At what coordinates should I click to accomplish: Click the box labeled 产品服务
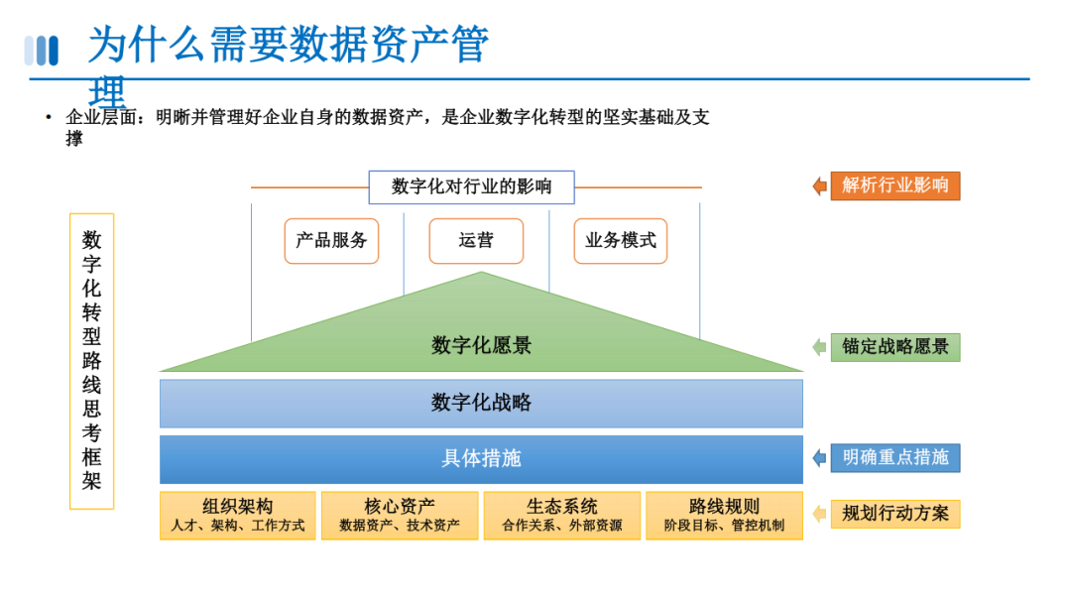pyautogui.click(x=331, y=241)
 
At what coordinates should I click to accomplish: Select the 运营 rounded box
pyautogui.click(x=476, y=241)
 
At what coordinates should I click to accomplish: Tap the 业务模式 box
pyautogui.click(x=621, y=241)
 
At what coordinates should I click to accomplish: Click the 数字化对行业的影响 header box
pyautogui.click(x=471, y=186)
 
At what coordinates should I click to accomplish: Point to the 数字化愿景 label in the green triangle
pyautogui.click(x=481, y=345)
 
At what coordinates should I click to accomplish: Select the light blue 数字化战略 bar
pyautogui.click(x=481, y=403)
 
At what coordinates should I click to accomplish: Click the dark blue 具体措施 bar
pyautogui.click(x=481, y=459)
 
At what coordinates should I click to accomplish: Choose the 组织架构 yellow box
pyautogui.click(x=238, y=516)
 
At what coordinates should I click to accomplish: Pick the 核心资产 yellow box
pyautogui.click(x=400, y=516)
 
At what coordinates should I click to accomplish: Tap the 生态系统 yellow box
pyautogui.click(x=562, y=516)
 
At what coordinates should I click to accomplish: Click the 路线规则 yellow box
pyautogui.click(x=724, y=516)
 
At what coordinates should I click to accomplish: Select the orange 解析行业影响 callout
pyautogui.click(x=894, y=185)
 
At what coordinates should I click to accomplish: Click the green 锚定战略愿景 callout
pyautogui.click(x=894, y=347)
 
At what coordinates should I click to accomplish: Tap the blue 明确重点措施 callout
pyautogui.click(x=894, y=457)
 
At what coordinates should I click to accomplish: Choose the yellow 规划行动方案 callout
pyautogui.click(x=894, y=514)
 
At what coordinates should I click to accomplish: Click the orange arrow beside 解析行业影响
pyautogui.click(x=819, y=185)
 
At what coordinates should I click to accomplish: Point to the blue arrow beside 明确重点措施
pyautogui.click(x=819, y=457)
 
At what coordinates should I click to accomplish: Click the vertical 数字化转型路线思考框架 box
pyautogui.click(x=92, y=361)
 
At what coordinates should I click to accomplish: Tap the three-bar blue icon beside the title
pyautogui.click(x=42, y=51)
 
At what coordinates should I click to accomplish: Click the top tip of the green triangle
pyautogui.click(x=481, y=274)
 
